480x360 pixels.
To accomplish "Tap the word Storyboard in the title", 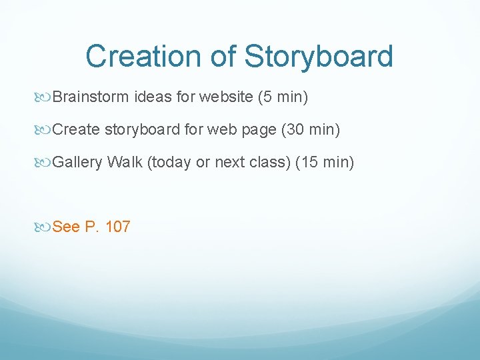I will point(318,57).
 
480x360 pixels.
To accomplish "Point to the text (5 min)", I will point(283,98).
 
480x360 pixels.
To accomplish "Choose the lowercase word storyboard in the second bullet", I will point(141,129).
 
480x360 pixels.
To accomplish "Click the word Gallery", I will point(77,161).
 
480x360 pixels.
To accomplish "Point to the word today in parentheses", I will point(169,161).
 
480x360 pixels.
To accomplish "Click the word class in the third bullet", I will point(269,161).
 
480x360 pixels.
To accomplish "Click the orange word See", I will point(65,227).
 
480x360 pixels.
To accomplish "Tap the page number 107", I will point(118,227).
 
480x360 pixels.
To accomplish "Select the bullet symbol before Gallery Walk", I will point(44,162).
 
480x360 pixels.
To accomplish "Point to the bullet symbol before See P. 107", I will point(44,227).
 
